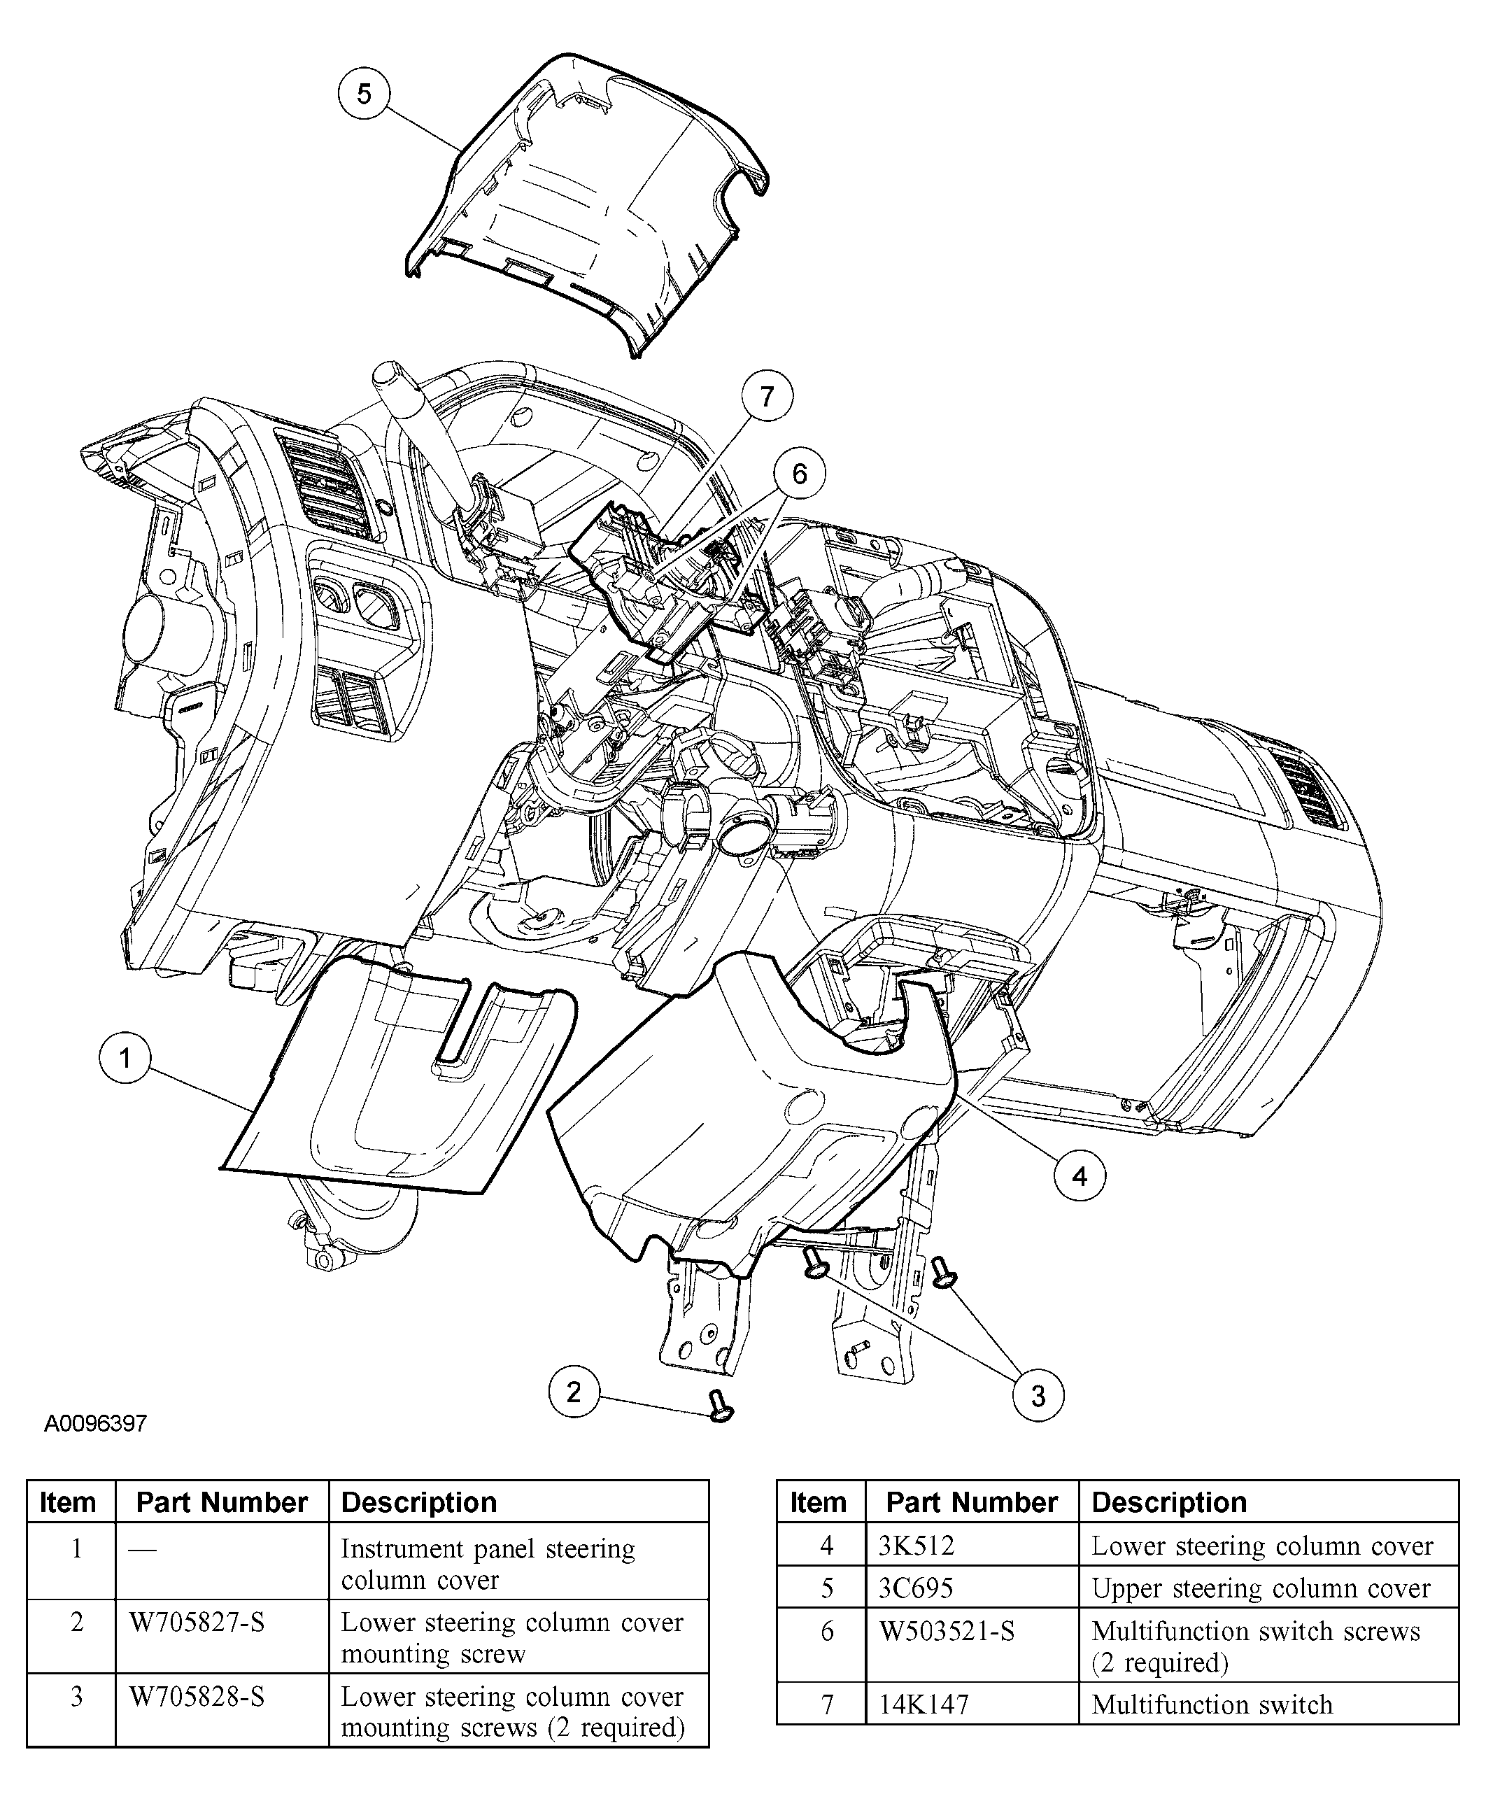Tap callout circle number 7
[766, 396]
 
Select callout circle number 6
[800, 474]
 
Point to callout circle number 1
[125, 1059]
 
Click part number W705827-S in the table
[197, 1622]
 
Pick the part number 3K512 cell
[916, 1545]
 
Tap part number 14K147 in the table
[924, 1704]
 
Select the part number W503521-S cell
[947, 1632]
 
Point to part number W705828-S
[197, 1696]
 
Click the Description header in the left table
[418, 1502]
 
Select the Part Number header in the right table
[972, 1502]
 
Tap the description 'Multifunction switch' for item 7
[1212, 1704]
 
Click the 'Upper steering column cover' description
[1261, 1588]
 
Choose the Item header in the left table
[68, 1502]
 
